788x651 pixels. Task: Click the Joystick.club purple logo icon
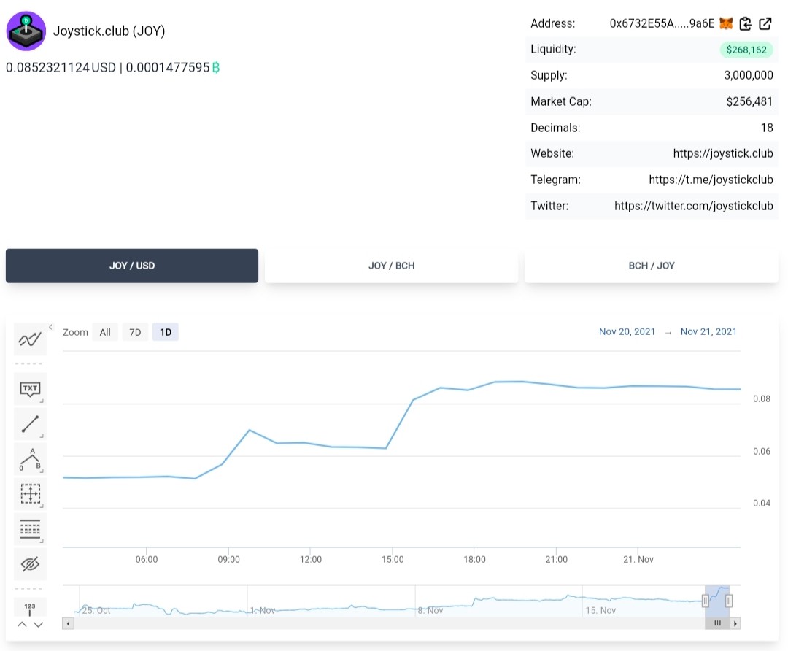coord(26,31)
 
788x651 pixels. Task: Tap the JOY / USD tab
coord(132,266)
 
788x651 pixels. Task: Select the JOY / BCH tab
coord(392,266)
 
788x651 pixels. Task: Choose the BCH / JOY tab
coord(652,266)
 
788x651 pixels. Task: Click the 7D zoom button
coord(135,332)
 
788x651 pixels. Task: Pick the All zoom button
coord(105,332)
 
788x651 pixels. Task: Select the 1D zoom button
coord(166,332)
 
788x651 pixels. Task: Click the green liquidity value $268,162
coord(746,50)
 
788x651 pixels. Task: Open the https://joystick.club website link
coord(722,153)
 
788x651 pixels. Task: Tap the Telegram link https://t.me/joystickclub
coord(711,180)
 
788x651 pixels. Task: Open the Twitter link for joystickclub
coord(694,206)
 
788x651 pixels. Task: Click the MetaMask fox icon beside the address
coord(726,23)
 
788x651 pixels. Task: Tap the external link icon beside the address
coord(765,23)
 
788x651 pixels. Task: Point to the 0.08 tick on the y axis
coord(761,398)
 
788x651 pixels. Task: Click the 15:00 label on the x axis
coord(393,559)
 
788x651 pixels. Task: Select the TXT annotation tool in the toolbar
coord(30,388)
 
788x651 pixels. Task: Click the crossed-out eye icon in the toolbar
coord(30,564)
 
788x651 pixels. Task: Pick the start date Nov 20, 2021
coord(627,332)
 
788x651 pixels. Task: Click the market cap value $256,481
coord(749,101)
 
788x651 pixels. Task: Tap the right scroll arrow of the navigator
coord(735,623)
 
